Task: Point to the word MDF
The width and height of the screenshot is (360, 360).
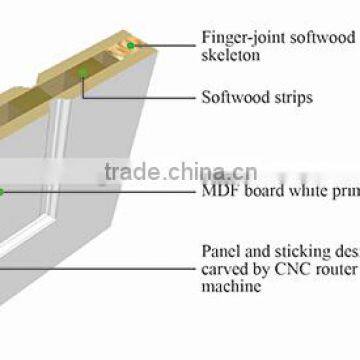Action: tap(218, 189)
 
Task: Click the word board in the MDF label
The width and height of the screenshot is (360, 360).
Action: tap(257, 189)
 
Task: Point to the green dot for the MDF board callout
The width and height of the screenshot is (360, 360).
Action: tap(2, 190)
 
